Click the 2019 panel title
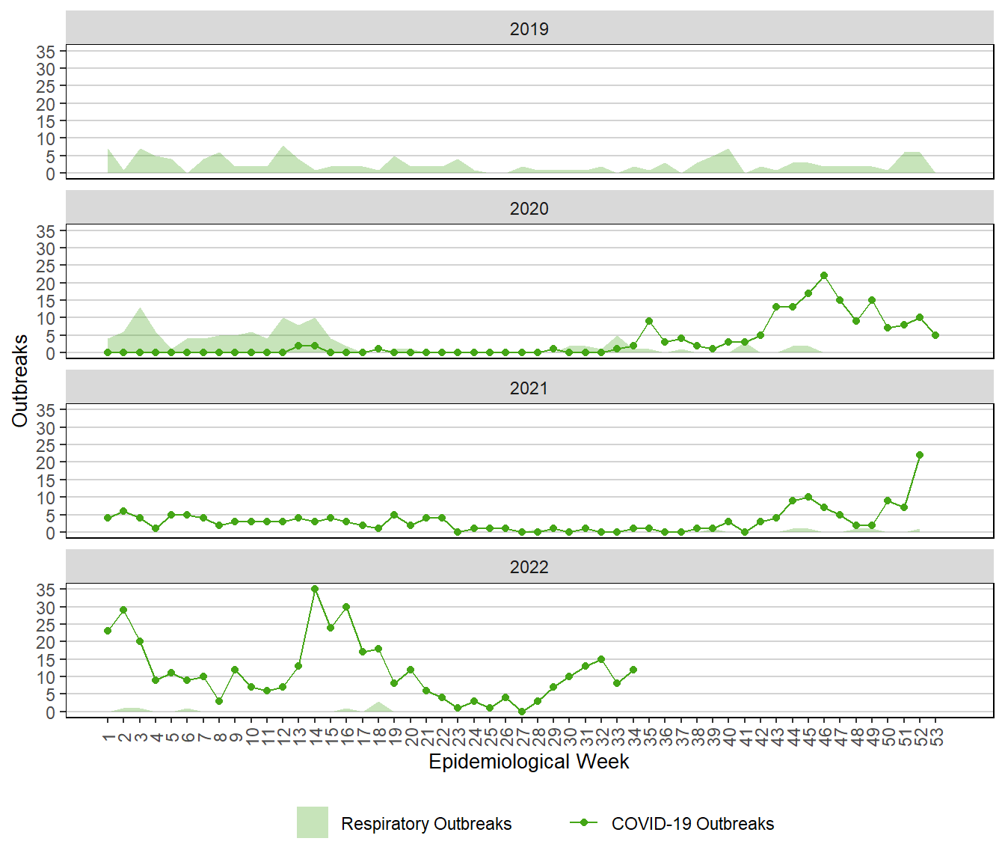[x=529, y=29]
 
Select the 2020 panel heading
[x=529, y=209]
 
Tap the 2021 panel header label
[x=529, y=388]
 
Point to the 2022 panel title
[x=529, y=567]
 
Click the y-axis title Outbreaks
[x=19, y=381]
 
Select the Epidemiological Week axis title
[x=529, y=762]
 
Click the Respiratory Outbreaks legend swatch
[x=313, y=822]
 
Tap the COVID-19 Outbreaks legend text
[x=692, y=824]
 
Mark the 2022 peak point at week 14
[x=315, y=589]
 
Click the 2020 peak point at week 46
[x=824, y=275]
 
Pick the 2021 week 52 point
[x=920, y=455]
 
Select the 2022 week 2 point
[x=123, y=610]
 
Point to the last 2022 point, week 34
[x=633, y=670]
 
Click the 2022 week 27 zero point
[x=522, y=712]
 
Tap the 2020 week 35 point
[x=649, y=321]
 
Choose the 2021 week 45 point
[x=808, y=497]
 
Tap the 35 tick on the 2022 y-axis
[x=46, y=590]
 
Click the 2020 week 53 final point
[x=935, y=335]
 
